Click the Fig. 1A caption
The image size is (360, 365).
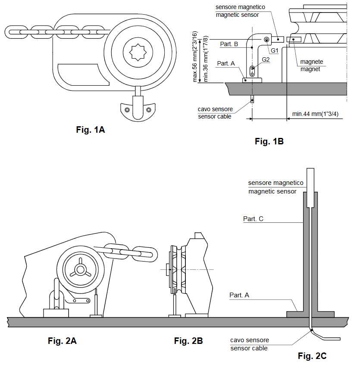click(91, 130)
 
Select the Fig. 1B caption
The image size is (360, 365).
click(269, 141)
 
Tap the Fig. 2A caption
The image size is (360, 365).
click(62, 341)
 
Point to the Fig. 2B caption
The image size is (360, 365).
click(188, 341)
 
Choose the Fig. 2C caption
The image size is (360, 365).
click(312, 356)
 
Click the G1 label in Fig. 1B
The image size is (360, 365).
click(275, 50)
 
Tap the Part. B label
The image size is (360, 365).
click(229, 44)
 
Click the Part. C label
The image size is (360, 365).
click(253, 219)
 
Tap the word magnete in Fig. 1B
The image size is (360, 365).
click(311, 62)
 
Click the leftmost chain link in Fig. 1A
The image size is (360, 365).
click(17, 31)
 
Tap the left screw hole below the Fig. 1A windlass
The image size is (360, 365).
click(127, 110)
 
